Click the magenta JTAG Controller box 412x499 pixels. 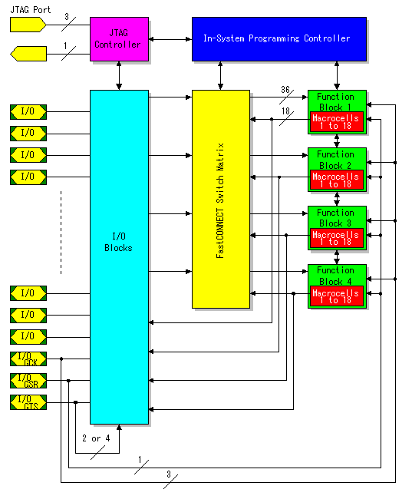pos(120,39)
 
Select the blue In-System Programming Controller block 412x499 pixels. pos(279,39)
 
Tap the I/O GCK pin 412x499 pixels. pos(28,359)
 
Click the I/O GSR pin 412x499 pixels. pos(28,381)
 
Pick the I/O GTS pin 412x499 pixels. pos(28,402)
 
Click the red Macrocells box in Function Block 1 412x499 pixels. pos(337,121)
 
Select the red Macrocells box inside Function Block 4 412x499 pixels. pos(337,296)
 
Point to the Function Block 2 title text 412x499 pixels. pos(335,160)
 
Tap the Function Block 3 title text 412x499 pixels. pos(335,218)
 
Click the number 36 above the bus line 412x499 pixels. pos(285,90)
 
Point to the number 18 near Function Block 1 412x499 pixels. pos(285,111)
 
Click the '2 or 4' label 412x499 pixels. pos(96,438)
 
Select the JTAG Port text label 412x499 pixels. pos(31,10)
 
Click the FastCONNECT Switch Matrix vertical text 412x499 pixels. pos(220,200)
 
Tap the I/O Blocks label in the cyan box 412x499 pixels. pos(118,242)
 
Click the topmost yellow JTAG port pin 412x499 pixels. pos(28,25)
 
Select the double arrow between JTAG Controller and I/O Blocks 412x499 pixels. pos(119,76)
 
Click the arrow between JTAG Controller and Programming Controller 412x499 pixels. pos(170,39)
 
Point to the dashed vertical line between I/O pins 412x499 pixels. pos(61,233)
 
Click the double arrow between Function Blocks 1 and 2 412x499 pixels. pos(337,140)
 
